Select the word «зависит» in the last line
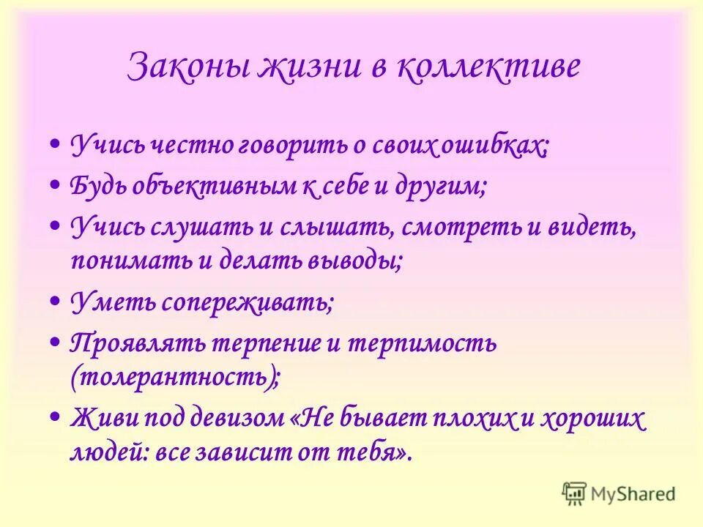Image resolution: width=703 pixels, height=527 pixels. click(281, 452)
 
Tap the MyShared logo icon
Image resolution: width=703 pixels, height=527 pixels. click(575, 493)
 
